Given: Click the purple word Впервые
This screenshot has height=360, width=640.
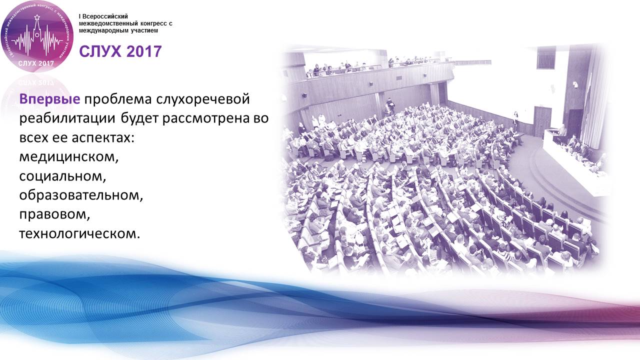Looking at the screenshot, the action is coord(49,99).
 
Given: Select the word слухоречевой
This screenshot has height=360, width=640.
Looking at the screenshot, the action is coord(203,99).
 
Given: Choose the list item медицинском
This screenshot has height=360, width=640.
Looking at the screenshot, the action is coord(69,157).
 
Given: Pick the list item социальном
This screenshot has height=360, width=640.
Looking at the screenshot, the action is coord(62,176).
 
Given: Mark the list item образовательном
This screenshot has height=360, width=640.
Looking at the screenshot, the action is coord(81,196).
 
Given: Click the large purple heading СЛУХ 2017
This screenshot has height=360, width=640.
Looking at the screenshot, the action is coord(120,51).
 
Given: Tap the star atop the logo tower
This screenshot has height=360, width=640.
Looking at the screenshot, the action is coord(36,17).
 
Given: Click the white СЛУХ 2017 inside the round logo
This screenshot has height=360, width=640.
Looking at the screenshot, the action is coord(36,63).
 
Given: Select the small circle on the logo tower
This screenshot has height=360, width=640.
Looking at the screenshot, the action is coord(36,34).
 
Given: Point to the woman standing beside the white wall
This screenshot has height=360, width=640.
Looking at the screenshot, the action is coord(515,119).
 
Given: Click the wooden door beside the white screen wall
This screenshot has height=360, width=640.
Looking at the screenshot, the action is coord(542,121).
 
